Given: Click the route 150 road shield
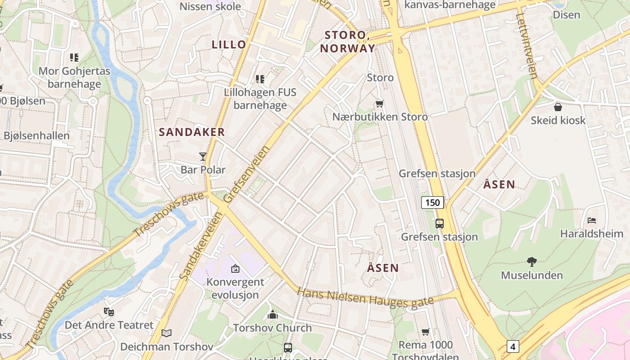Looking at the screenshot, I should (432, 202).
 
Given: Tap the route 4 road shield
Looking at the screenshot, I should (513, 346).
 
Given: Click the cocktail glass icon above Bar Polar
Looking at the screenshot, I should (203, 157).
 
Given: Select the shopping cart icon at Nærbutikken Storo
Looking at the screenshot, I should (380, 104).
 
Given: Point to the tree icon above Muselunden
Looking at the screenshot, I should (532, 261).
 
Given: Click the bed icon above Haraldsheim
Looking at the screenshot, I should (592, 220).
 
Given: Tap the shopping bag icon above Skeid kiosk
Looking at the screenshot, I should (558, 107).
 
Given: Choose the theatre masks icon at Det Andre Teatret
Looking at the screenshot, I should (108, 311).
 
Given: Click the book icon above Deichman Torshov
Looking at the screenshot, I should (166, 333).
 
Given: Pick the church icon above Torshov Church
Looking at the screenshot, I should (272, 315).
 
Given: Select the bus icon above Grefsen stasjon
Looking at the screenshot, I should (439, 223).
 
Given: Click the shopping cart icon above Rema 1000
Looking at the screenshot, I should (425, 332).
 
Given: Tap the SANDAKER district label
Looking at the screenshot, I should (192, 132).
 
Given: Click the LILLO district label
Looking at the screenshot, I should (229, 45).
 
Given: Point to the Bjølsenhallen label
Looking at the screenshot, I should (36, 136).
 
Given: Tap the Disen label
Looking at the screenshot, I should (567, 15).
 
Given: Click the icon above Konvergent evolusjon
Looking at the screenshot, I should (235, 269).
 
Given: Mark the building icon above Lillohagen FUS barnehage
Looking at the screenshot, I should (260, 79).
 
